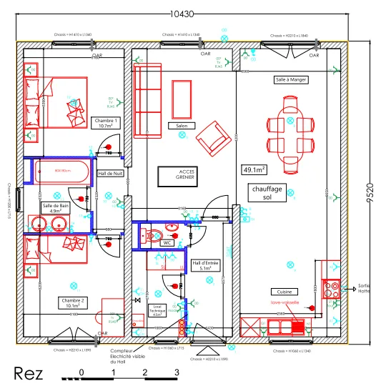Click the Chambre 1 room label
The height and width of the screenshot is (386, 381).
[106, 124]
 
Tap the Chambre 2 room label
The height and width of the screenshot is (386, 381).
[74, 302]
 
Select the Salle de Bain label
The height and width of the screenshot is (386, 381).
[56, 208]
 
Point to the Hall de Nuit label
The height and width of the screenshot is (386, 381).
[111, 174]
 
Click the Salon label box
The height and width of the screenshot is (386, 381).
[182, 125]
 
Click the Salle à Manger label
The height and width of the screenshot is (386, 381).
[291, 80]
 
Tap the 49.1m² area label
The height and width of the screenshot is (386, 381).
[254, 170]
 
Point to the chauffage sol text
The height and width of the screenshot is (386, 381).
[268, 193]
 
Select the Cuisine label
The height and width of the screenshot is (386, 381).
[283, 292]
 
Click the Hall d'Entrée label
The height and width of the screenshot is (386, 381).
[205, 265]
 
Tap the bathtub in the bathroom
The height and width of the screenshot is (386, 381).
[61, 172]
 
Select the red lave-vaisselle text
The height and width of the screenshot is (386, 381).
[284, 302]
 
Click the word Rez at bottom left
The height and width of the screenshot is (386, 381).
[29, 373]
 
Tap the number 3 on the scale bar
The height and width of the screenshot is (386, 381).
[176, 372]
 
